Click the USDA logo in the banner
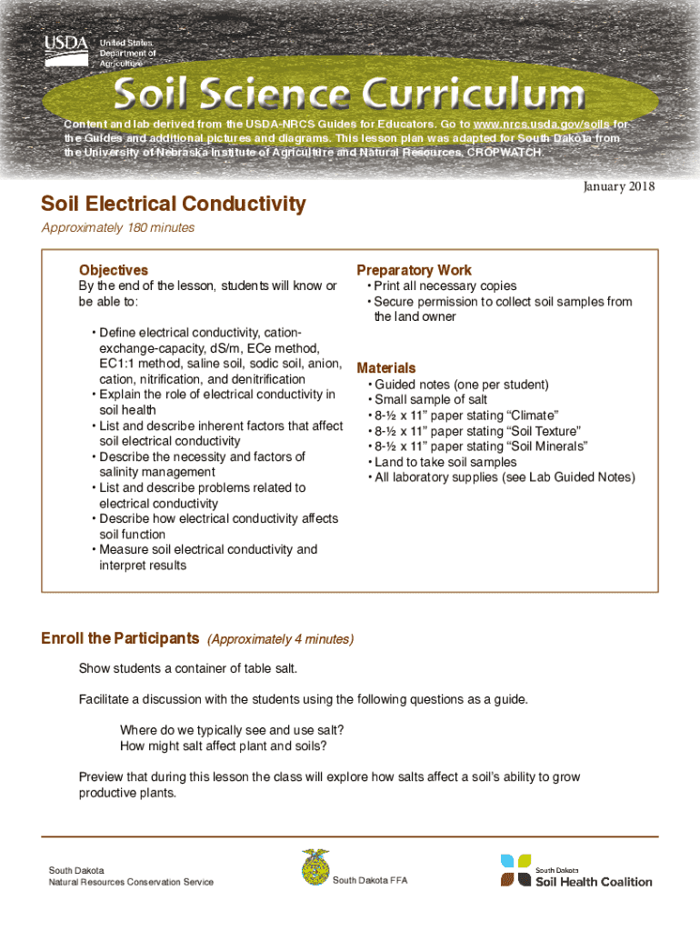[66, 51]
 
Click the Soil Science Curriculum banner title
[348, 95]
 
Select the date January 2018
[616, 186]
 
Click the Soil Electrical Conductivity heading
[173, 204]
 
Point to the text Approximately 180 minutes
[117, 228]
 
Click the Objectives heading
[113, 270]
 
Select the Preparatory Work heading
[414, 270]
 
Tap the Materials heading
[385, 368]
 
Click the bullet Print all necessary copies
[445, 286]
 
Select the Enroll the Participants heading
[120, 639]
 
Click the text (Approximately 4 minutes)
[280, 640]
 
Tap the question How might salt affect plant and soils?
[223, 746]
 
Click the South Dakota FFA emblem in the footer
[315, 867]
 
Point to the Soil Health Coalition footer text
[593, 881]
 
